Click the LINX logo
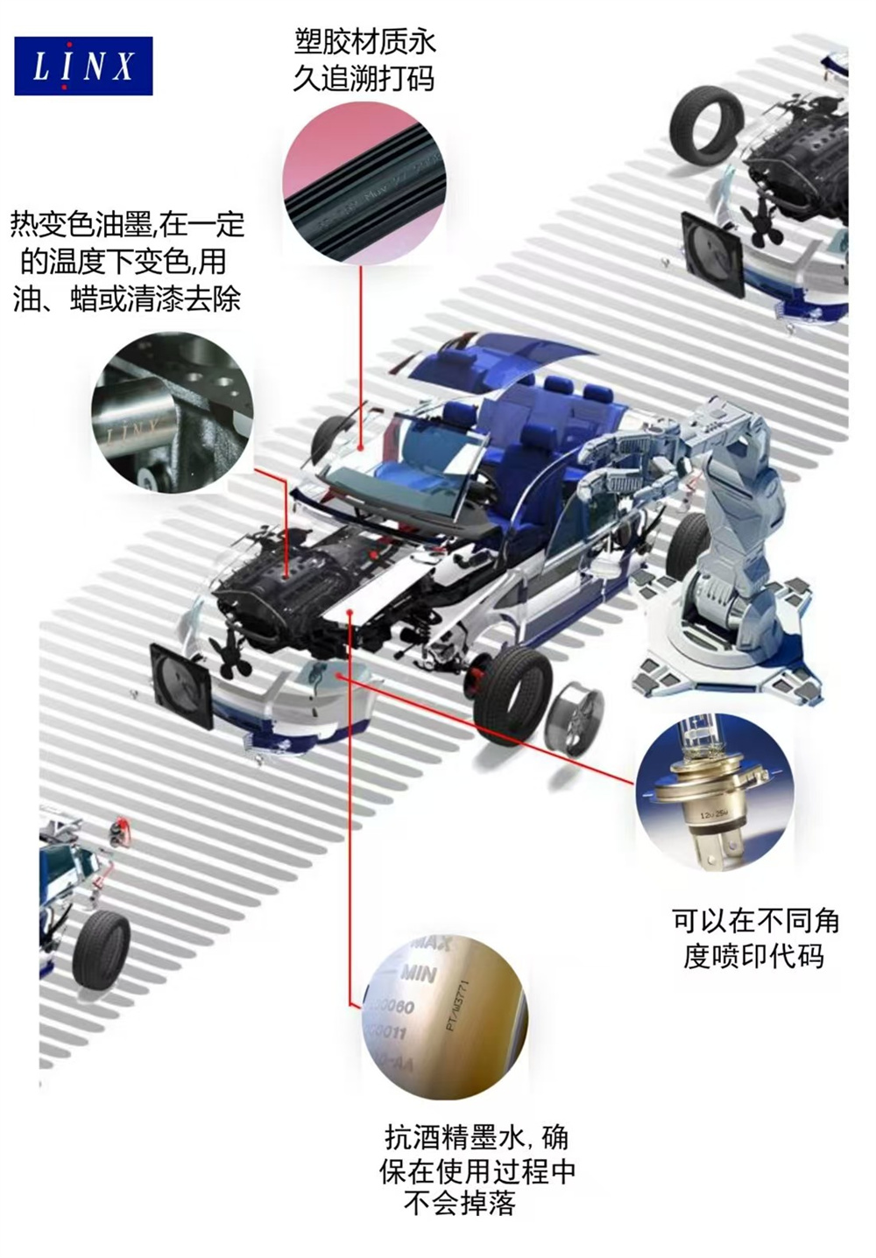tap(83, 66)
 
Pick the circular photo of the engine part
tap(173, 412)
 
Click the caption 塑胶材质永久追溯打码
tap(364, 60)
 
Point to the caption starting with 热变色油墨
tap(127, 261)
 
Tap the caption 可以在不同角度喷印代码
tap(754, 938)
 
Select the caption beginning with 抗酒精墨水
tap(477, 1170)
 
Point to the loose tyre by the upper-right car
tap(706, 123)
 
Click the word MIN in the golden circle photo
tap(419, 973)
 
